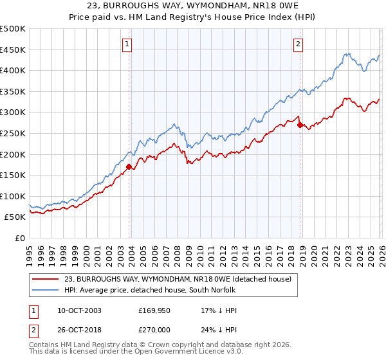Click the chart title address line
point(193,6)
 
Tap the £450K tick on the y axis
point(13,50)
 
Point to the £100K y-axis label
point(13,196)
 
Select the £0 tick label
point(20,238)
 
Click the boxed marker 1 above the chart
point(127,44)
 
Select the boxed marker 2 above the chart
point(299,44)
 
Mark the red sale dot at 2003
point(129,166)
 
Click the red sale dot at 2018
point(300,125)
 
